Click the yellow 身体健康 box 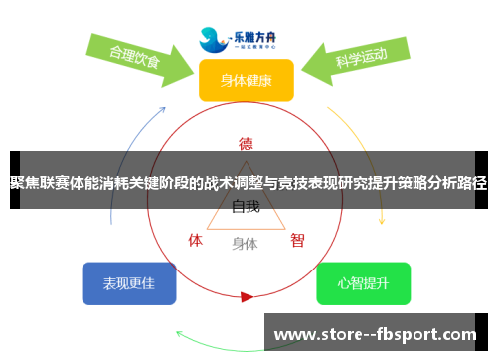coord(246,81)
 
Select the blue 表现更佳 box coord(128,283)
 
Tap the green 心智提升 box coord(363,283)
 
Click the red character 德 coord(246,142)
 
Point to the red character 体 coord(196,240)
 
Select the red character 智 coord(297,240)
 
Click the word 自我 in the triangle coord(246,207)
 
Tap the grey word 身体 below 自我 coord(245,243)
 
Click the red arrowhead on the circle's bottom coord(247,295)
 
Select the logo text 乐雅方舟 coord(260,33)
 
